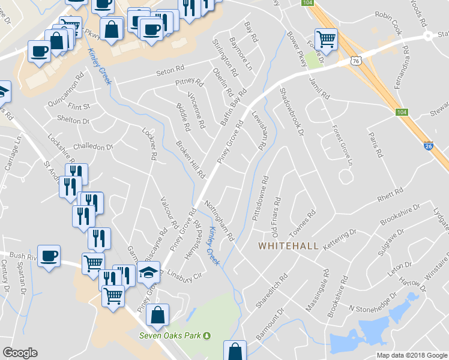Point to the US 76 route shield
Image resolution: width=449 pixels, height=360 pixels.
(x=357, y=61)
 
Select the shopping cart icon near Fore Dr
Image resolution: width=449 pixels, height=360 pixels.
(x=326, y=40)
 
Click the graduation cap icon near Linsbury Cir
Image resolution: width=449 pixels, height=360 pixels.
(x=148, y=273)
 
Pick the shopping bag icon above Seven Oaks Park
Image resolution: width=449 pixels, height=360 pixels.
(x=157, y=315)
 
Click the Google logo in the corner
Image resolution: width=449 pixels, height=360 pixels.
(x=20, y=353)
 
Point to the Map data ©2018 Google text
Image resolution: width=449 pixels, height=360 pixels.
(x=412, y=355)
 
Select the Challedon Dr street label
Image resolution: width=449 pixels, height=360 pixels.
(x=92, y=146)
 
